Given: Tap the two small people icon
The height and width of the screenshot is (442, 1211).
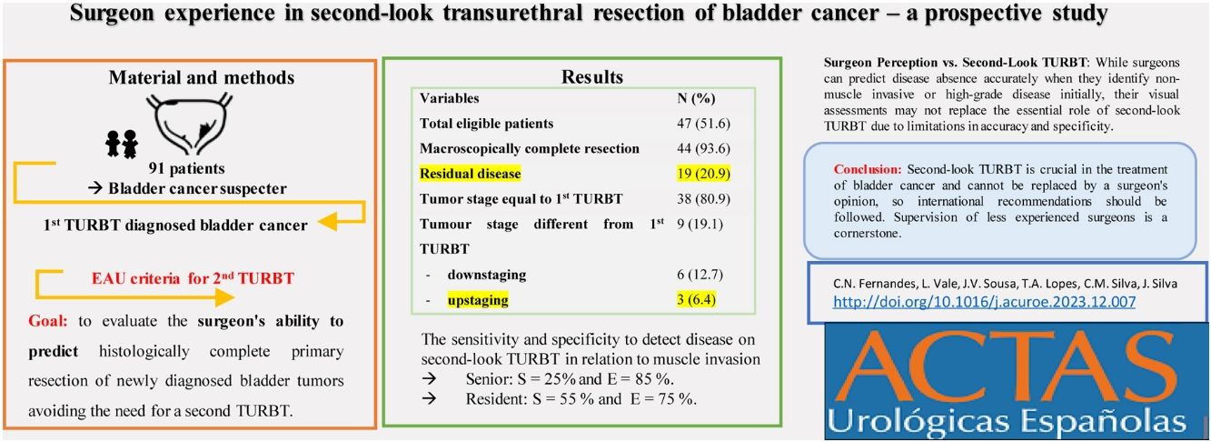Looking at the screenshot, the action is tap(122, 144).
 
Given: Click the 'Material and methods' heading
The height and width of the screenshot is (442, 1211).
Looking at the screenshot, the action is tap(202, 77).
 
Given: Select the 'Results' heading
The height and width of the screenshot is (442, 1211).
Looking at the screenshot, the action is tap(592, 76).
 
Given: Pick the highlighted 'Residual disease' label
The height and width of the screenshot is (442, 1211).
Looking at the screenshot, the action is tap(470, 174).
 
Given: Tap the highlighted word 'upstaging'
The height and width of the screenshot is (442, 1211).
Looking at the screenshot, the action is tap(478, 300).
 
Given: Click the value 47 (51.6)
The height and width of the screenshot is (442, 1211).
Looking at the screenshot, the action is tap(703, 124).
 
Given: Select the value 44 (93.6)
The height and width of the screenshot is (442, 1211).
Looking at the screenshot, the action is tap(703, 148).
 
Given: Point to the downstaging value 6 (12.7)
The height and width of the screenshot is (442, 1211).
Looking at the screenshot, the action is tap(700, 275).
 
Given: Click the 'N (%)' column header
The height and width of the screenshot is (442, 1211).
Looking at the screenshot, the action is tap(696, 98).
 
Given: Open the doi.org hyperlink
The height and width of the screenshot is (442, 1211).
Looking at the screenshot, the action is tap(984, 301).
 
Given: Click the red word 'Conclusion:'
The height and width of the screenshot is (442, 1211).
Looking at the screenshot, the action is tap(868, 169).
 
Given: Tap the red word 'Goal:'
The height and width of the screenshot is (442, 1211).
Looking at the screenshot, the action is tap(47, 321).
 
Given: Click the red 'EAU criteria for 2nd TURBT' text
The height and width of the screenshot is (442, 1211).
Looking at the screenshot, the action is tap(193, 278).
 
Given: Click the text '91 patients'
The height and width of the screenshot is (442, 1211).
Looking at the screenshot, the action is tap(186, 168).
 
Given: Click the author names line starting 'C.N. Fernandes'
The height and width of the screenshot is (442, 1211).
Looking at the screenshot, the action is tap(1005, 283).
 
